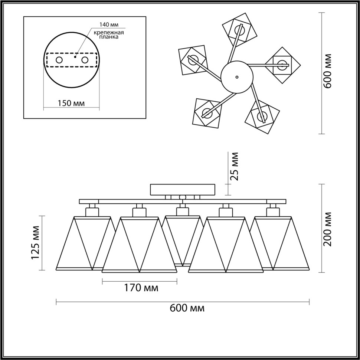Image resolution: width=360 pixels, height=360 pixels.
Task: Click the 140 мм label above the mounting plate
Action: (x=108, y=25)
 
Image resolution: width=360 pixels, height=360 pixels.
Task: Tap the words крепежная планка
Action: (x=108, y=35)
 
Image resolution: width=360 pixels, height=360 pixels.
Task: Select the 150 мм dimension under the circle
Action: (x=72, y=103)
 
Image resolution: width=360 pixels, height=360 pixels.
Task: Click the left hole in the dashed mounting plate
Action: (x=59, y=60)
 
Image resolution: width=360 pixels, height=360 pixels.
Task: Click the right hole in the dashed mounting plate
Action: (x=85, y=60)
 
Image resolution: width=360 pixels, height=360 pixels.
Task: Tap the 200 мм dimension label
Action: (x=327, y=229)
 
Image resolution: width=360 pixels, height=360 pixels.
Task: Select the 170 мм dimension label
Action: (x=140, y=288)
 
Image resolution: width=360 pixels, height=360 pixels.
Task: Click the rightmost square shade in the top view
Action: (x=282, y=65)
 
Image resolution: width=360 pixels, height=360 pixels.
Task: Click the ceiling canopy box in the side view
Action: (x=182, y=190)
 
